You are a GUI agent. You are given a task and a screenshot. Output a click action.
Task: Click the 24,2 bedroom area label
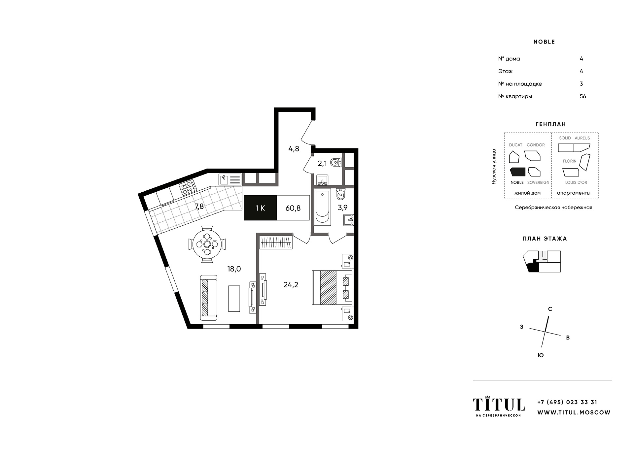(x=291, y=285)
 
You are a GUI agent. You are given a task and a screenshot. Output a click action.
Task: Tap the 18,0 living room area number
(x=234, y=269)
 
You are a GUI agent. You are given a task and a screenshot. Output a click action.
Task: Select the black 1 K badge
(x=260, y=208)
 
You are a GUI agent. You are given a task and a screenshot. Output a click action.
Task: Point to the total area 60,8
(x=293, y=208)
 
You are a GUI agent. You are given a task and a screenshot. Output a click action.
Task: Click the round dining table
(x=207, y=244)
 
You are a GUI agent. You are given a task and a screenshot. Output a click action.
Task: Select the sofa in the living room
(x=209, y=298)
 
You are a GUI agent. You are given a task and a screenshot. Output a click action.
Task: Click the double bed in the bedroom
(x=332, y=287)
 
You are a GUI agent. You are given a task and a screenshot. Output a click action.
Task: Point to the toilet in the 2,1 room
(x=335, y=162)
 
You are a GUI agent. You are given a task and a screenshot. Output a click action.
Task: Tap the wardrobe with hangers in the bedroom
(x=276, y=243)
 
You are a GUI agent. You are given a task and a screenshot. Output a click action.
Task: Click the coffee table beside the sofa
(x=234, y=298)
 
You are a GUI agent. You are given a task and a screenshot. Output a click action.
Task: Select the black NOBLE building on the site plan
(x=518, y=172)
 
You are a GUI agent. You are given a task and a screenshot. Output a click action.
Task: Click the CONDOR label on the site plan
(x=536, y=145)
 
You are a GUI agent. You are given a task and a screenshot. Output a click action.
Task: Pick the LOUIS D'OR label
(x=576, y=182)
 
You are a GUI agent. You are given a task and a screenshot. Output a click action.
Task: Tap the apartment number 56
(x=583, y=96)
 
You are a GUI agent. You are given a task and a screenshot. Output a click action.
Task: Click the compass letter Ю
(x=541, y=355)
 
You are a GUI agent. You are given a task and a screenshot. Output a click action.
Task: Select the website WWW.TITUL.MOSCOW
(x=574, y=412)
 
